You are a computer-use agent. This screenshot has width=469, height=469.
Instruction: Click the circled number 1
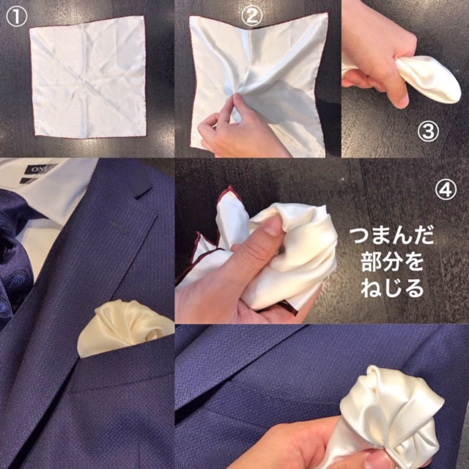pyautogui.click(x=16, y=17)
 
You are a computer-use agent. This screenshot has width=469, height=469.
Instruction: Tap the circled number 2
pyautogui.click(x=252, y=16)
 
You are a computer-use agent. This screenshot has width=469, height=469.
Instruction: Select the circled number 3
pyautogui.click(x=428, y=132)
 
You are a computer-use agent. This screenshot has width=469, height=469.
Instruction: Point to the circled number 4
pyautogui.click(x=446, y=190)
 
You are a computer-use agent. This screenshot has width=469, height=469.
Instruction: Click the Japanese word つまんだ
pyautogui.click(x=392, y=236)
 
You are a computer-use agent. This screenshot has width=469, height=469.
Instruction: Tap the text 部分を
pyautogui.click(x=393, y=262)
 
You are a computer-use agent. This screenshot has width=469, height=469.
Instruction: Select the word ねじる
pyautogui.click(x=392, y=288)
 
